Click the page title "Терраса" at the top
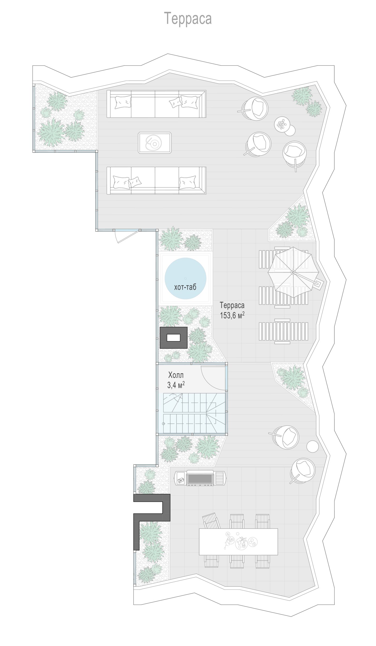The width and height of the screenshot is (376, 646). [188, 19]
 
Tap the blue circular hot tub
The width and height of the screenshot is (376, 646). [185, 278]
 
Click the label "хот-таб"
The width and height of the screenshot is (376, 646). [185, 287]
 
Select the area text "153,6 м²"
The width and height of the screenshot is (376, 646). [232, 315]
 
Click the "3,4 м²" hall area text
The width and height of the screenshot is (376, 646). [176, 385]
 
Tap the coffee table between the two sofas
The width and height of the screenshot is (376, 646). [155, 143]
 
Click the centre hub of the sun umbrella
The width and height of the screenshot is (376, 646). [293, 272]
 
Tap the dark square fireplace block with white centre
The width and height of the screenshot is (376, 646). [173, 338]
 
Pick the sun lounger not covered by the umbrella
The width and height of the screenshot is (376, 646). [283, 332]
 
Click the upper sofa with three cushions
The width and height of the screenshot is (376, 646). [156, 104]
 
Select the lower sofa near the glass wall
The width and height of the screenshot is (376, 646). [156, 180]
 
